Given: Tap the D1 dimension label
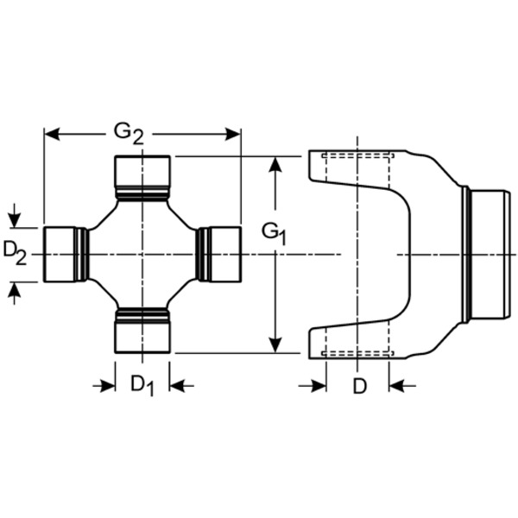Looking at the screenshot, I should point(142,385).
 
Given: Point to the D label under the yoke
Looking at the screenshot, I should point(359,386).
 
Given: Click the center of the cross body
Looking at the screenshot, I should point(142,254).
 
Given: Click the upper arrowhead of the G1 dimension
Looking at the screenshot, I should point(275,164).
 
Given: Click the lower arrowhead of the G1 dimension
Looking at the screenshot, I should point(275,345).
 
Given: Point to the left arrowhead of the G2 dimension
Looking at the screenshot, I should point(51,134).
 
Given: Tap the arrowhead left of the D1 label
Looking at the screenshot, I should point(108,385).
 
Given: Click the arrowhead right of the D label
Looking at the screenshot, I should point(397,385).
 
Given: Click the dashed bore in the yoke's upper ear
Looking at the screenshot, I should point(358,168).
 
